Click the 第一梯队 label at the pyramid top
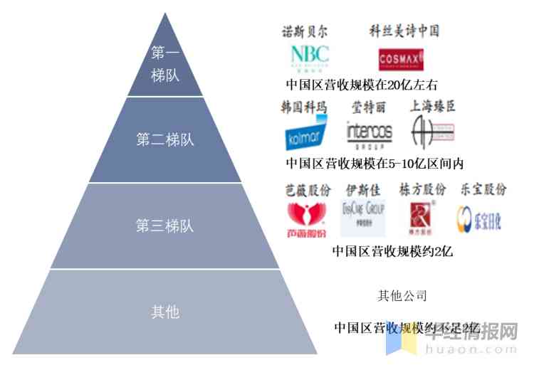coord(165,64)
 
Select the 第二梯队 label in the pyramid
coord(165,139)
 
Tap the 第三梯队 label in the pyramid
coord(165,226)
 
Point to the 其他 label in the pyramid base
coord(165,312)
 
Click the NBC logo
coord(310,58)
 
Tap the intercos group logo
coord(369,133)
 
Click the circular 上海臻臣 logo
coord(431,132)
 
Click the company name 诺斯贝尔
coord(306,31)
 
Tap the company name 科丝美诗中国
coord(404,31)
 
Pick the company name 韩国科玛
coord(304,107)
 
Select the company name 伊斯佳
coord(363,190)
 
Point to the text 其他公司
coord(402,296)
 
